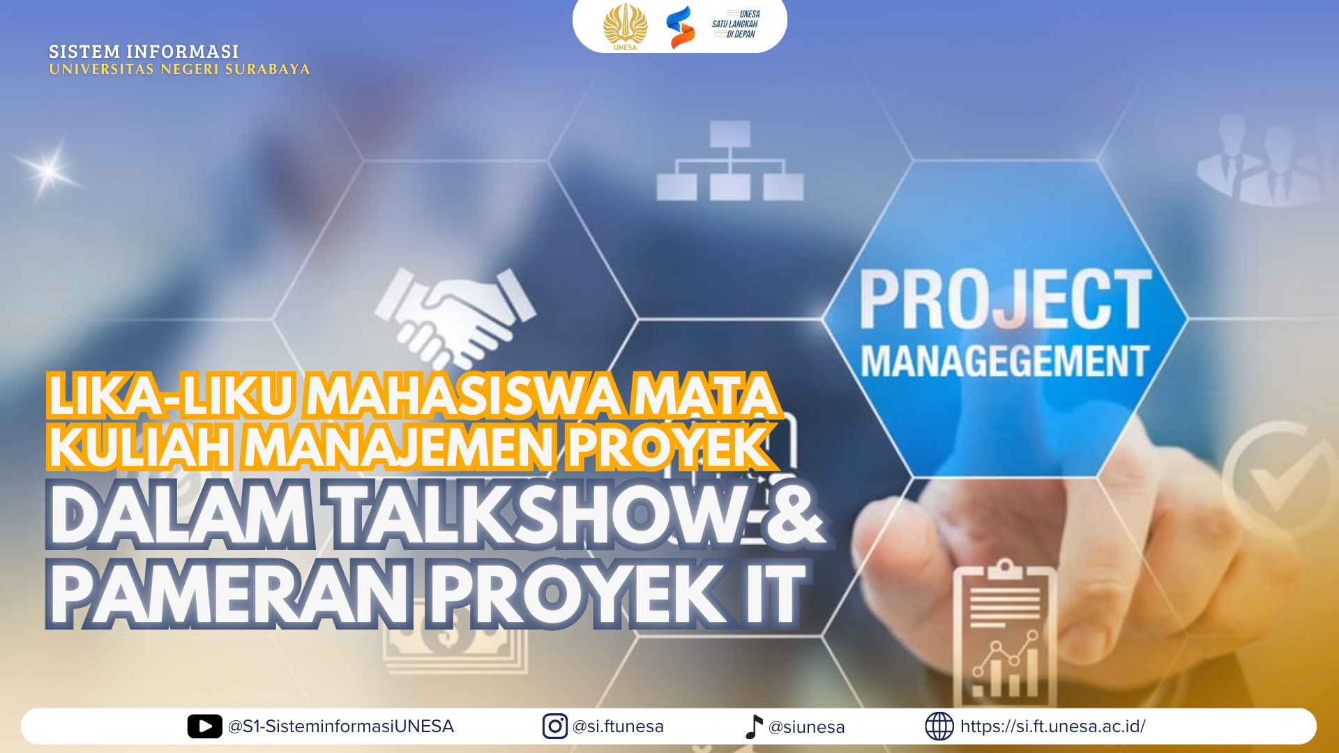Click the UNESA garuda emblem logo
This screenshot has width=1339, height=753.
pos(625,26)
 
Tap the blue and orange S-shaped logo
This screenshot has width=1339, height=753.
pos(680,27)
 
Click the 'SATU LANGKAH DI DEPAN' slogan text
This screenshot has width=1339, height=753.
pos(736,24)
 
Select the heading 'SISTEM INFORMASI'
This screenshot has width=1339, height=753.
pos(144,52)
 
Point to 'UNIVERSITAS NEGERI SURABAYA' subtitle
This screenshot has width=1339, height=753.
pos(179,69)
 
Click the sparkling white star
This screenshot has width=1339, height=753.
pos(48,170)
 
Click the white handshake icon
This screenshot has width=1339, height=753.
pos(455,317)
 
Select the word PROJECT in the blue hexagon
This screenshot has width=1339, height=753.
pos(1005,299)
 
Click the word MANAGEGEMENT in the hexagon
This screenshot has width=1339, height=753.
pos(1004,361)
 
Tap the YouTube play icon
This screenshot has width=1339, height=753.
pos(204,727)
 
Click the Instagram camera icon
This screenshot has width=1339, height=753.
pos(554,727)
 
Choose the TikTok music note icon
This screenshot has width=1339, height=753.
pos(753,727)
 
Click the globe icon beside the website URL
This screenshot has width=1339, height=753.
pos(939,727)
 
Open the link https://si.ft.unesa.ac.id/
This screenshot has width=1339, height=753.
pos(1052,727)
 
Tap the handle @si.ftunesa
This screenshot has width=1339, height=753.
pos(618,727)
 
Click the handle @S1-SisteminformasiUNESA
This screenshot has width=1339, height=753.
pos(341,727)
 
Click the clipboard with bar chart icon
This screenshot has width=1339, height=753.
pos(1005,632)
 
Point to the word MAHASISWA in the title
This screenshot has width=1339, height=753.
pos(464,395)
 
